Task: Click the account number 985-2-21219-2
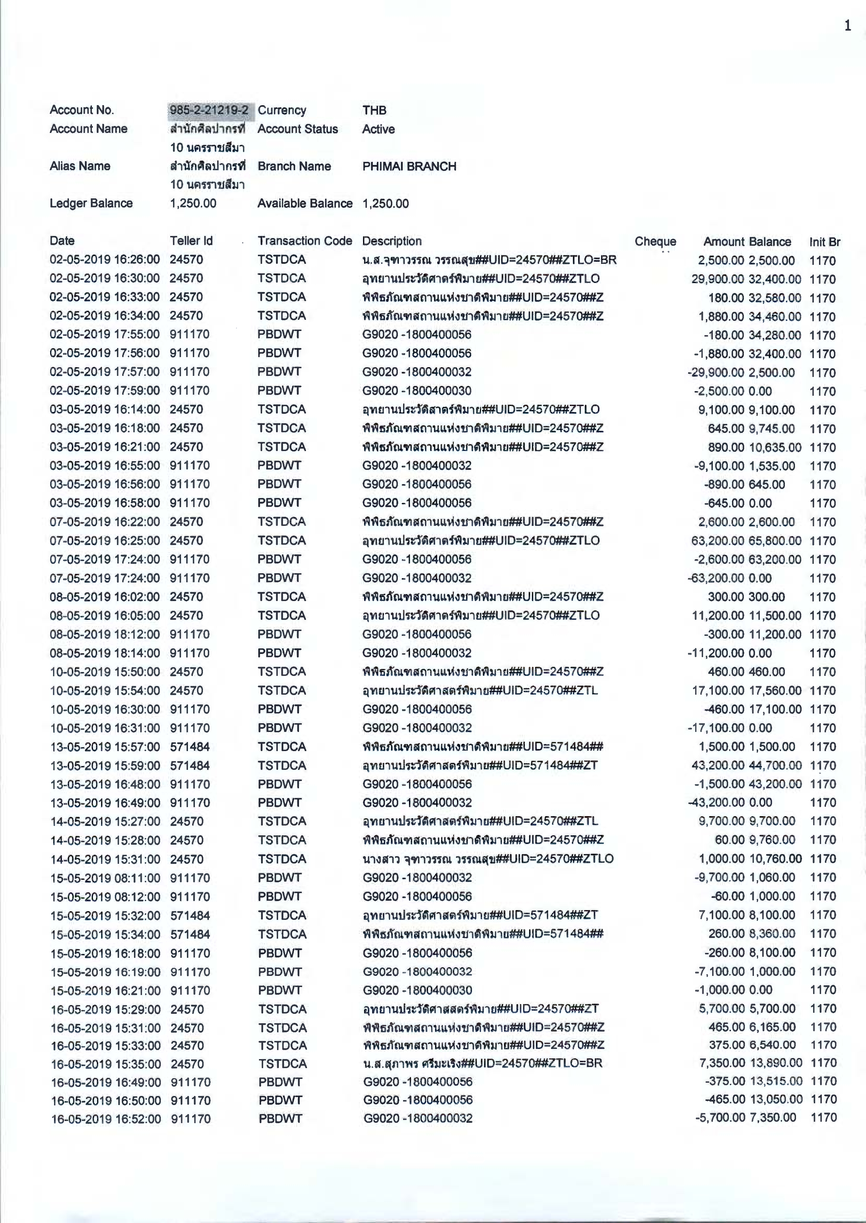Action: [209, 110]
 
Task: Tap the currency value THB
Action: [374, 110]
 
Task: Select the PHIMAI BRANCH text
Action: [409, 166]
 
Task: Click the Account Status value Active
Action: [378, 129]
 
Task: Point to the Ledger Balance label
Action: [91, 203]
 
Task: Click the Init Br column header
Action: [825, 242]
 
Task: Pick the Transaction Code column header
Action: [305, 241]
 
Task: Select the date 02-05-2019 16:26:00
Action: [104, 260]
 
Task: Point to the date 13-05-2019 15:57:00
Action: [105, 747]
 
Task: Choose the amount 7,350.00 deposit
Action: [722, 1063]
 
